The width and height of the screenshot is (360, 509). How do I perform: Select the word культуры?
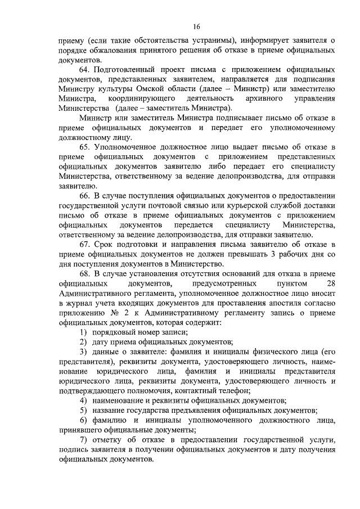(123, 89)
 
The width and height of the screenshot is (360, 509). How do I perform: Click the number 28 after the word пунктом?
(330, 283)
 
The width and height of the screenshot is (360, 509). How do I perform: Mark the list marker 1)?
(83, 332)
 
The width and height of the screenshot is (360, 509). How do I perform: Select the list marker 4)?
(83, 400)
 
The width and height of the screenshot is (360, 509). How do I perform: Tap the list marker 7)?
(83, 439)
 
